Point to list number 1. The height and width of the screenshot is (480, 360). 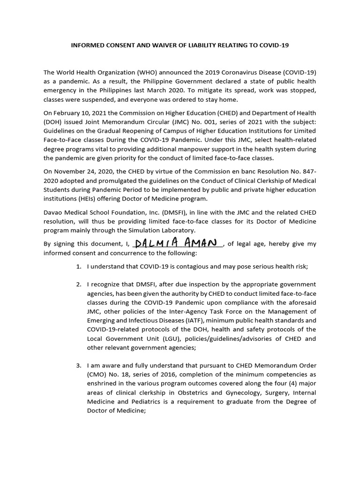[x=79, y=267]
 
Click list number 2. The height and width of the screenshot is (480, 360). [x=79, y=285]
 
